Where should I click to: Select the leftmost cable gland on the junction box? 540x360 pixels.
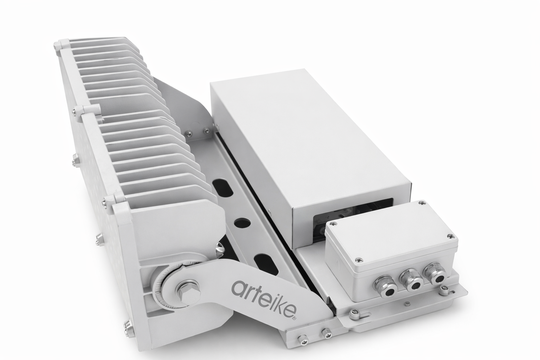point(385,286)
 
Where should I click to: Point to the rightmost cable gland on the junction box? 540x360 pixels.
point(435,272)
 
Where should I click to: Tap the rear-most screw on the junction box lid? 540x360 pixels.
point(421,203)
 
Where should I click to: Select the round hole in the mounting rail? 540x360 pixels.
point(242,223)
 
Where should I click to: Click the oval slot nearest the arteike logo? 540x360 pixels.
point(266,264)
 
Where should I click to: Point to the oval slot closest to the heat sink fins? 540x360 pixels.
point(223,188)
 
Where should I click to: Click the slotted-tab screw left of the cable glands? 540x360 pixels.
point(355,315)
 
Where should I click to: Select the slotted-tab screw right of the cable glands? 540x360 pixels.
point(444,290)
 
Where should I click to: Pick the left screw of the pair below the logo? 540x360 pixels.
point(303,339)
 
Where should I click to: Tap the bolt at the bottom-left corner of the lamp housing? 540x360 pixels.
point(129,329)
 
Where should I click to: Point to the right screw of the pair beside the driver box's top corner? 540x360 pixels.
point(206,131)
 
